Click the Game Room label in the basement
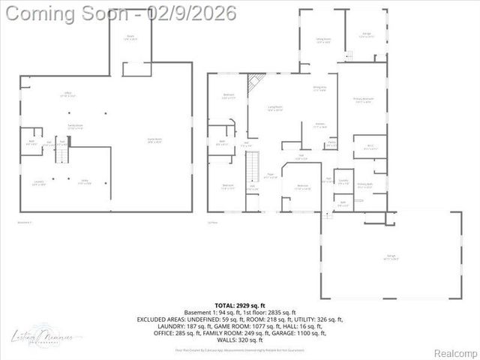[154, 142]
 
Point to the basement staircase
[63, 154]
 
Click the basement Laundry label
[39, 182]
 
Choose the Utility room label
[85, 182]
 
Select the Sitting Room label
[323, 40]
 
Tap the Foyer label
[271, 177]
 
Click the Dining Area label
[319, 88]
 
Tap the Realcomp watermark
[455, 352]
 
